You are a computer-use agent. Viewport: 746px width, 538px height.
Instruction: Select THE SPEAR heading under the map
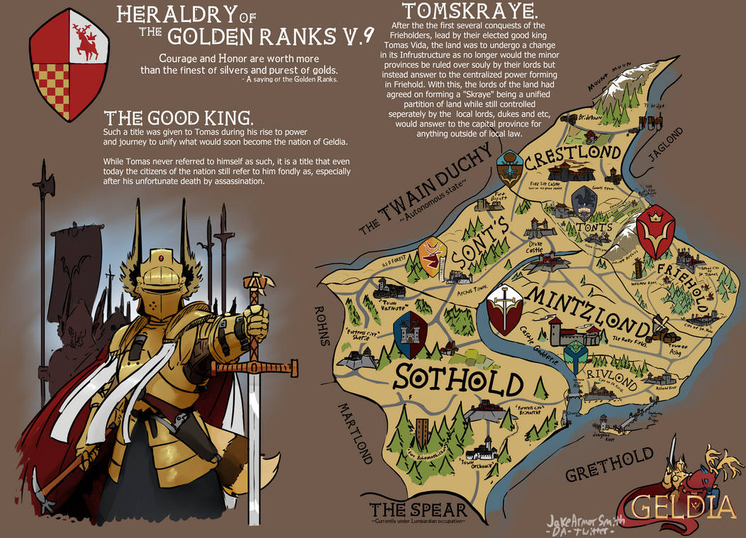point(418,509)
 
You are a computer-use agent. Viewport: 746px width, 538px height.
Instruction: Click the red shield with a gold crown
point(655,235)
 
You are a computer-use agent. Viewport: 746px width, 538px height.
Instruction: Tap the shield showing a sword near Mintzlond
point(505,309)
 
